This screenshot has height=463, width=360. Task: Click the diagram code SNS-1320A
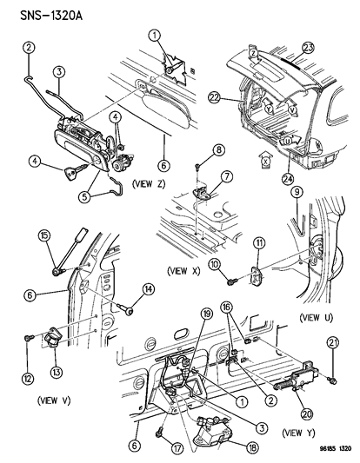43,11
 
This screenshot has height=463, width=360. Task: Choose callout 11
257,241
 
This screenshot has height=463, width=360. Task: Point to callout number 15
43,235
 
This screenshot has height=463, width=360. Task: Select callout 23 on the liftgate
305,49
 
